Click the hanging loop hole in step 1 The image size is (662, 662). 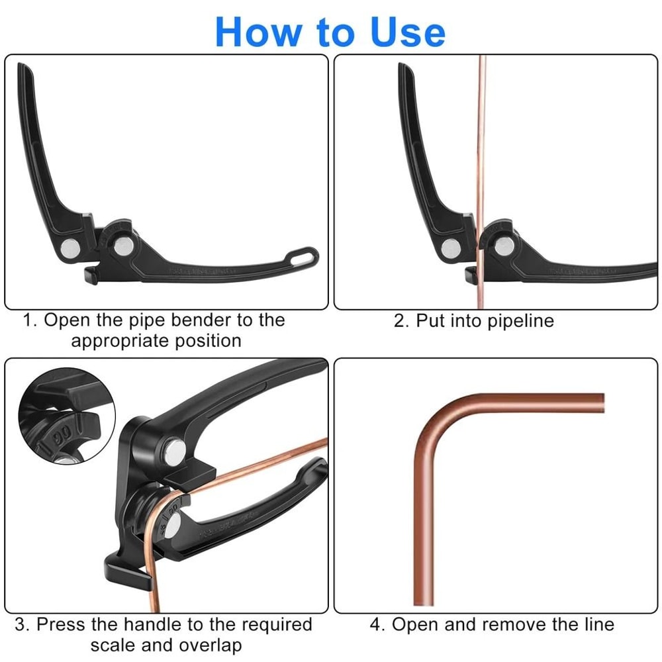pyautogui.click(x=305, y=254)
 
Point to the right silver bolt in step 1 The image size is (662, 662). pyautogui.click(x=122, y=246)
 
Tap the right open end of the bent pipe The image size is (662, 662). pyautogui.click(x=601, y=403)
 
